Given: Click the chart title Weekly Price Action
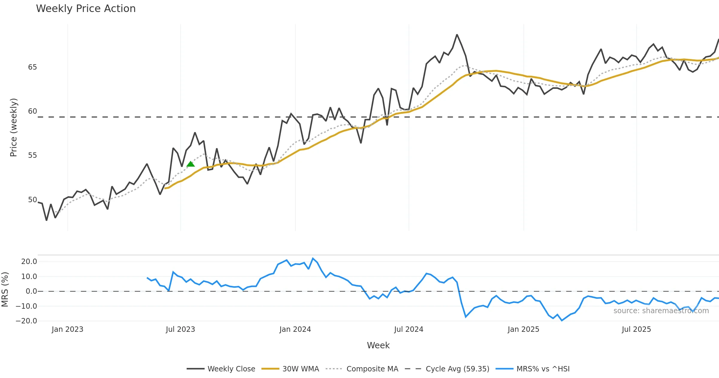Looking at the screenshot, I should coord(86,9).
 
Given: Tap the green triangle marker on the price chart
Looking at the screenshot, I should coord(191,164).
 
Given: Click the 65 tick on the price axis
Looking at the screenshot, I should coord(32,67).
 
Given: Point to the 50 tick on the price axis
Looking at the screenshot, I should coord(32,200).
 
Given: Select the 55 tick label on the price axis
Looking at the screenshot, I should coord(32,155).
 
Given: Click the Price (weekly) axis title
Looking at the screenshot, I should coord(13,127).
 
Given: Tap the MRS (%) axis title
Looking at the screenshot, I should coord(5,289).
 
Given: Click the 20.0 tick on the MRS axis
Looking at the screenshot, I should coord(29,262).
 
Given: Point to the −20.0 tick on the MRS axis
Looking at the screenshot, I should coord(26,321).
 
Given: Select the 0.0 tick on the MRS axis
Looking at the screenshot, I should coord(31,291).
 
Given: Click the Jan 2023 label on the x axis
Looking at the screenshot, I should coord(67,329).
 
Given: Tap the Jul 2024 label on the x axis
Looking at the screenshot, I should coord(409,329).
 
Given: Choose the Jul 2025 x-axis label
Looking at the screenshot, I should coord(636,329).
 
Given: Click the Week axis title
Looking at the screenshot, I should coord(378,346).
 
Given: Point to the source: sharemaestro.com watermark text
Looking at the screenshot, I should coord(661,311).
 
